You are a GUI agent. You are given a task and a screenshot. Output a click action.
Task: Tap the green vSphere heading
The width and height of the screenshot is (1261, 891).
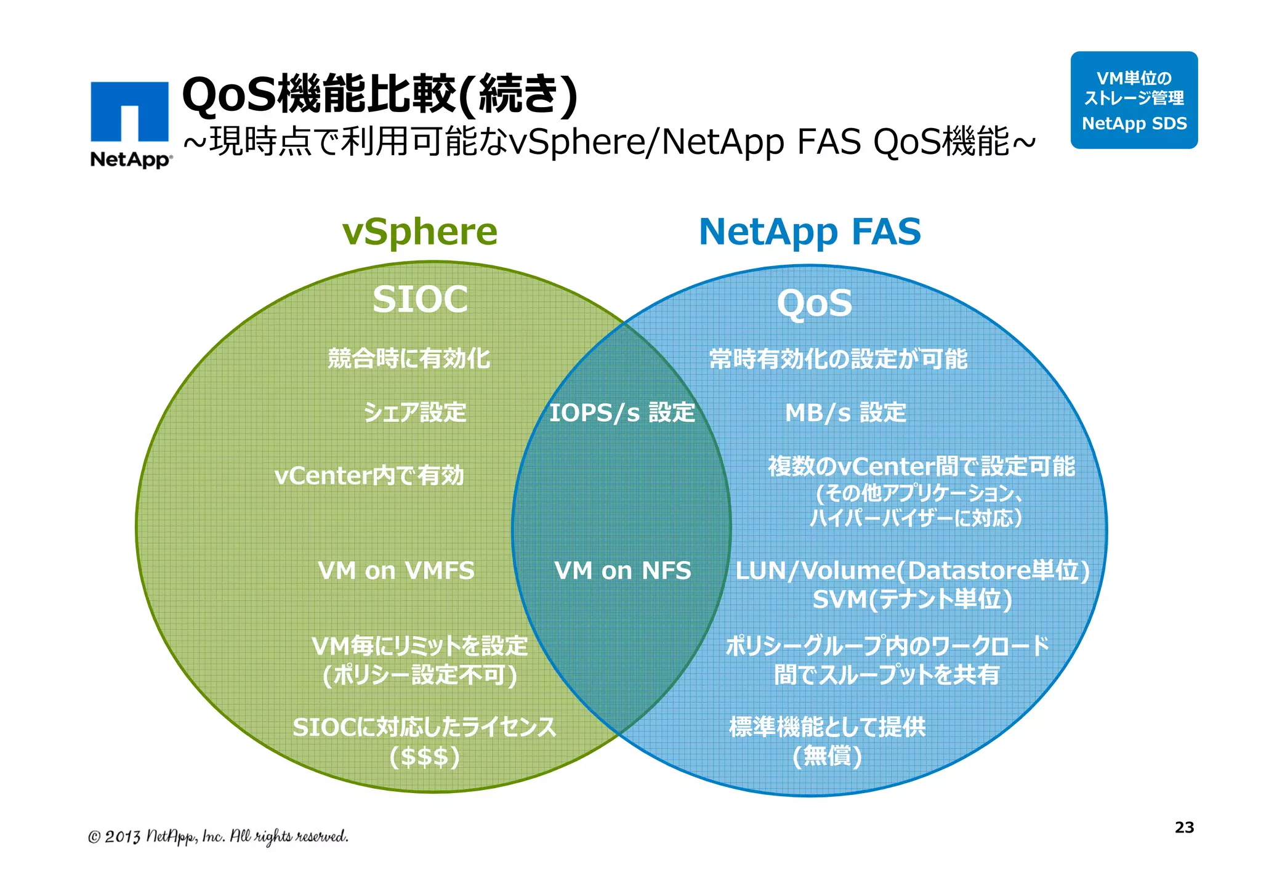(x=419, y=232)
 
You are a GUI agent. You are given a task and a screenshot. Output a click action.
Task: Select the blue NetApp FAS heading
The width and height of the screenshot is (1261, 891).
(x=810, y=232)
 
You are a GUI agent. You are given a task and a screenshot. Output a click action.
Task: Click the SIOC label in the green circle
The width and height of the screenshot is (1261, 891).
(x=420, y=300)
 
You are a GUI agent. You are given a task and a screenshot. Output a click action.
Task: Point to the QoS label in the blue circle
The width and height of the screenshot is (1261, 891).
(x=814, y=304)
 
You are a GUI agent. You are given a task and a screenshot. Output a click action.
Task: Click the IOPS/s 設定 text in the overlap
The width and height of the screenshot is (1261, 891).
(x=622, y=413)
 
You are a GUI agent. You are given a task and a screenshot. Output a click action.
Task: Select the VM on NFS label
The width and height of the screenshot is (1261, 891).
(x=622, y=571)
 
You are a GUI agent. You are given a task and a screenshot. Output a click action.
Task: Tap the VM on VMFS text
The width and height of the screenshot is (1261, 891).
(x=396, y=571)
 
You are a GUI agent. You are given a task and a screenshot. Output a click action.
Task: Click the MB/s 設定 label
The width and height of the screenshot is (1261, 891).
(x=845, y=413)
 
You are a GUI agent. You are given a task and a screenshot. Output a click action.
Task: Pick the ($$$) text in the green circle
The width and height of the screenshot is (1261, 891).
(x=425, y=756)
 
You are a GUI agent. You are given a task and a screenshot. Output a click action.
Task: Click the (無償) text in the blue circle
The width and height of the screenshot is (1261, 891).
(x=827, y=756)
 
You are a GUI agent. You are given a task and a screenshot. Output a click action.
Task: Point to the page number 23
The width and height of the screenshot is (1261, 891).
(x=1184, y=828)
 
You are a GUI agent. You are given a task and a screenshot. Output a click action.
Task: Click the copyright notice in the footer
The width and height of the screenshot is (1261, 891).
(x=218, y=836)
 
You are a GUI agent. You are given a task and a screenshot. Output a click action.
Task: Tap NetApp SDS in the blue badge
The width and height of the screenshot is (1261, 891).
(x=1134, y=124)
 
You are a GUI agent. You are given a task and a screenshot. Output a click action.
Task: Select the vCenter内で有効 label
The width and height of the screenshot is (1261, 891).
(x=369, y=476)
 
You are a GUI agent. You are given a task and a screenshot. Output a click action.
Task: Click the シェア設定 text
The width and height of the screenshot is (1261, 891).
(x=415, y=413)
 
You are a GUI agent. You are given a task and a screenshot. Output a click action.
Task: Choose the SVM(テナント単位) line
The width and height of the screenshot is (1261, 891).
(x=912, y=600)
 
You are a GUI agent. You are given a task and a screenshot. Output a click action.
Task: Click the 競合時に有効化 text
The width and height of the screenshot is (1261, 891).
(x=409, y=359)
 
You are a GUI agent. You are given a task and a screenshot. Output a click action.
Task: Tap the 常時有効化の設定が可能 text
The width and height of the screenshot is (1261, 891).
(x=838, y=359)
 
